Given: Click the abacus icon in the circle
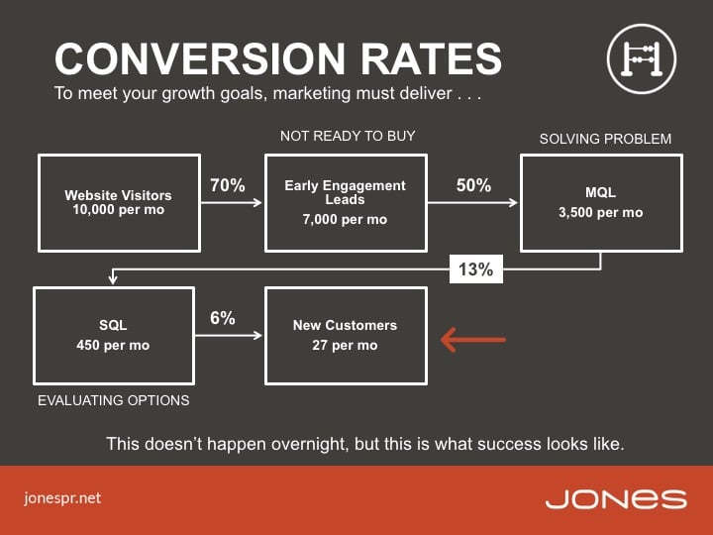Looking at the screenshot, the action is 641,59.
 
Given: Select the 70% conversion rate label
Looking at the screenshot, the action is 228,185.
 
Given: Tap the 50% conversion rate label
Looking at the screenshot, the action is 473,185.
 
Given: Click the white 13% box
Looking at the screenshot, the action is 476,269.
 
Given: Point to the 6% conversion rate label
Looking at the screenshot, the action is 223,318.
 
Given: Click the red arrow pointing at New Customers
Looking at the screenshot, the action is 473,340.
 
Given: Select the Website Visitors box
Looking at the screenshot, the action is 119,203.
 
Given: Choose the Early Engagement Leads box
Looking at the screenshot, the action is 346,203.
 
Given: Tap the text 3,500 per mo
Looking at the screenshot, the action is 601,212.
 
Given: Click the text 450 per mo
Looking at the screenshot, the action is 113,346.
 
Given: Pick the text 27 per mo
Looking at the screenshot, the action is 345,346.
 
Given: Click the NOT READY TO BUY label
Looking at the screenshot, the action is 348,136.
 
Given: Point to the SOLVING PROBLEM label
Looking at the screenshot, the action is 605,139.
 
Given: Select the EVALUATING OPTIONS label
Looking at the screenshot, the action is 114,400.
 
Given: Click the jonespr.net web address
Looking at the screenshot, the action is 62,498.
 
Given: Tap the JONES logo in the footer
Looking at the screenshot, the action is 616,499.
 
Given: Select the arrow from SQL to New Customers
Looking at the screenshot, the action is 229,336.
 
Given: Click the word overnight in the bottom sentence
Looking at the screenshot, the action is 310,444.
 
